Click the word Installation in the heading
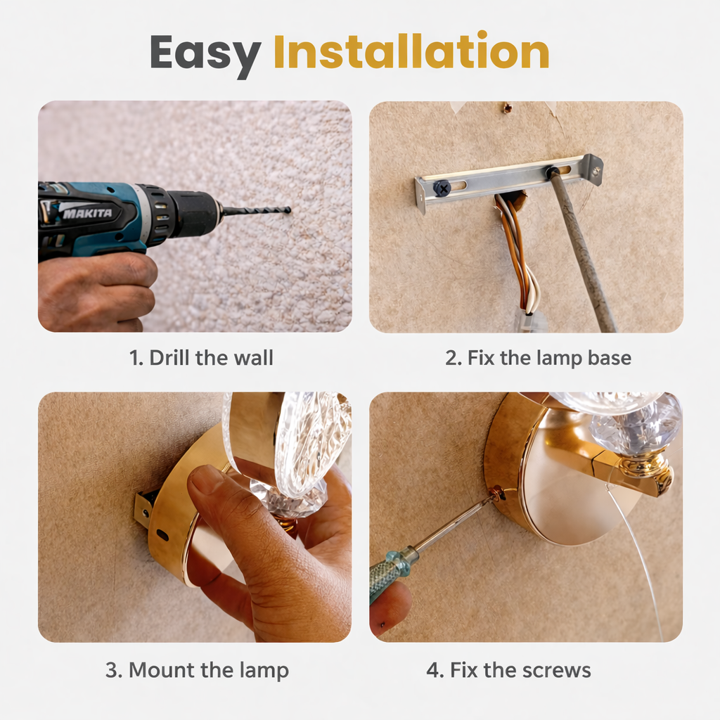(411, 51)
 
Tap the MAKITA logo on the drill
(87, 213)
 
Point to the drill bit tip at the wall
(289, 210)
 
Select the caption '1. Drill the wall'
(201, 358)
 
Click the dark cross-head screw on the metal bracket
(442, 188)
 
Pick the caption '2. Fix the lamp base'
(538, 358)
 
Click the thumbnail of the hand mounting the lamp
(195, 517)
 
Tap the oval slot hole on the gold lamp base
(162, 535)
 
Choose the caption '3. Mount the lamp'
(197, 670)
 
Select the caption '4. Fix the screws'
(508, 670)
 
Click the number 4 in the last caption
(432, 670)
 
